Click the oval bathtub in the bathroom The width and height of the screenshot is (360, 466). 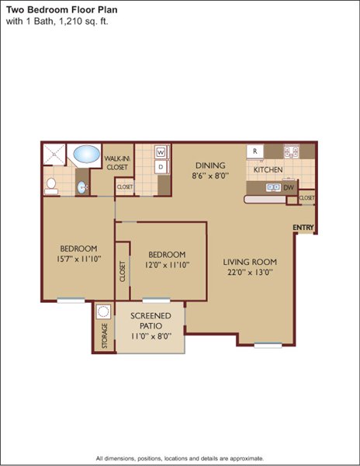pos(86,154)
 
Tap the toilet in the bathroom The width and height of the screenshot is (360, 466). pos(51,186)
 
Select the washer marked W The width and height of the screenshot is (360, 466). pos(161,152)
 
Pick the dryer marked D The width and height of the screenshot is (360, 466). pos(161,167)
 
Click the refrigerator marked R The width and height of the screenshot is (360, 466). pos(255,151)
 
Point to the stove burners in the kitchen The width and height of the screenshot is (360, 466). pos(291,151)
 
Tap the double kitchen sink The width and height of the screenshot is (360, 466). pos(273,187)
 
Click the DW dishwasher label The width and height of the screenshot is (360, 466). pos(289,187)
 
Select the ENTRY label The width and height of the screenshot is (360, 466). pos(303,228)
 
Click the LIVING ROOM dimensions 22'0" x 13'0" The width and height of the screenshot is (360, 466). pos(250,273)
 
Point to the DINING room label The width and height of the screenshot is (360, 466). pos(210,165)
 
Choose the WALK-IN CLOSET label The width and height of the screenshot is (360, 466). pos(117,163)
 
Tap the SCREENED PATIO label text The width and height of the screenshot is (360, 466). pos(151,320)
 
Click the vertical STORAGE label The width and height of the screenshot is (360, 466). pos(105,336)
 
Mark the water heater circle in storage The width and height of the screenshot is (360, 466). pos(103,311)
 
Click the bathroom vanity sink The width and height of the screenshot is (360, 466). pos(82,187)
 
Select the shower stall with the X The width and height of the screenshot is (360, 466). pos(54,155)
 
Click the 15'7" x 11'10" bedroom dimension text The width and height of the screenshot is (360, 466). pos(79,259)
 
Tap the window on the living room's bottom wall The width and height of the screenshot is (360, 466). pos(268,345)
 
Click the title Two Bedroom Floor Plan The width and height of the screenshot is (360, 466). pos(62,10)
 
